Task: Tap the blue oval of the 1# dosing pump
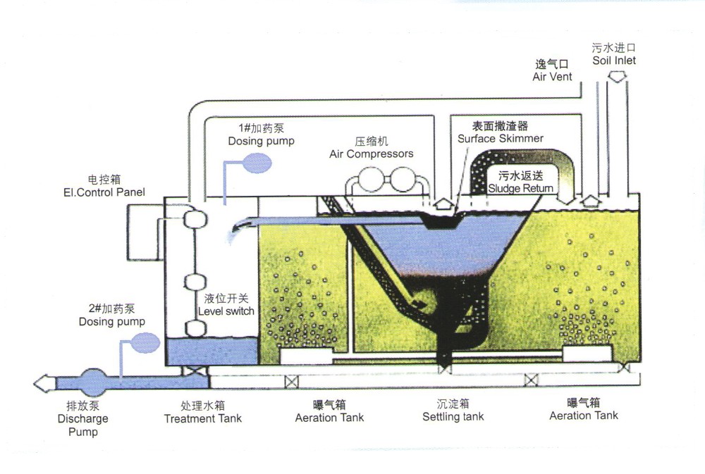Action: [257, 163]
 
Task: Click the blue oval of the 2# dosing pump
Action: [146, 343]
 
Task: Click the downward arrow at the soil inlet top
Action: [617, 75]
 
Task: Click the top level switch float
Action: [194, 219]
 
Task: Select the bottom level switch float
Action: [194, 328]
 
